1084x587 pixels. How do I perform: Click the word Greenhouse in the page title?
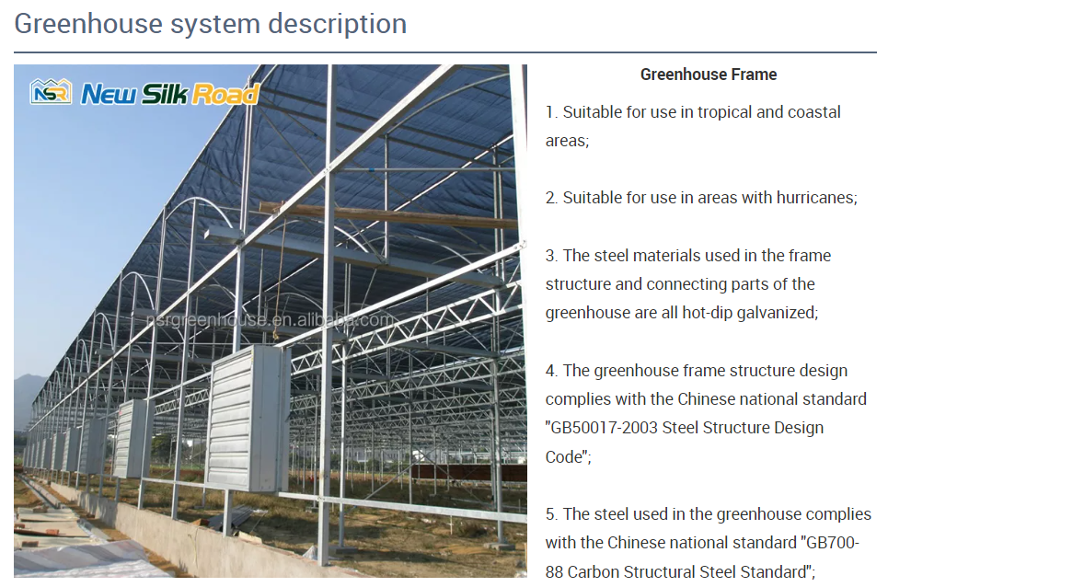(87, 24)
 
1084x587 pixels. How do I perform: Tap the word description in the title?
(338, 24)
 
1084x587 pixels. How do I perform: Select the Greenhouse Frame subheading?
(709, 75)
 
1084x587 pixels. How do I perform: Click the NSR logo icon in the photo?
(51, 92)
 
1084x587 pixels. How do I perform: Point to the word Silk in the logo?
(165, 93)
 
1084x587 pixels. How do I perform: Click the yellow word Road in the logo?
(225, 94)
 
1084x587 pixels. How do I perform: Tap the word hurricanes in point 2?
(816, 198)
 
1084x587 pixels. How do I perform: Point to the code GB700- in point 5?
(830, 543)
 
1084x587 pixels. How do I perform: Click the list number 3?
(551, 256)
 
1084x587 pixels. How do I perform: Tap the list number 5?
(551, 514)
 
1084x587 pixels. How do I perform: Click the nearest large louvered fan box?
(247, 419)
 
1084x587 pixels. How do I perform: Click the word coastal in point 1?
(813, 112)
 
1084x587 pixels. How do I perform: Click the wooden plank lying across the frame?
(388, 215)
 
